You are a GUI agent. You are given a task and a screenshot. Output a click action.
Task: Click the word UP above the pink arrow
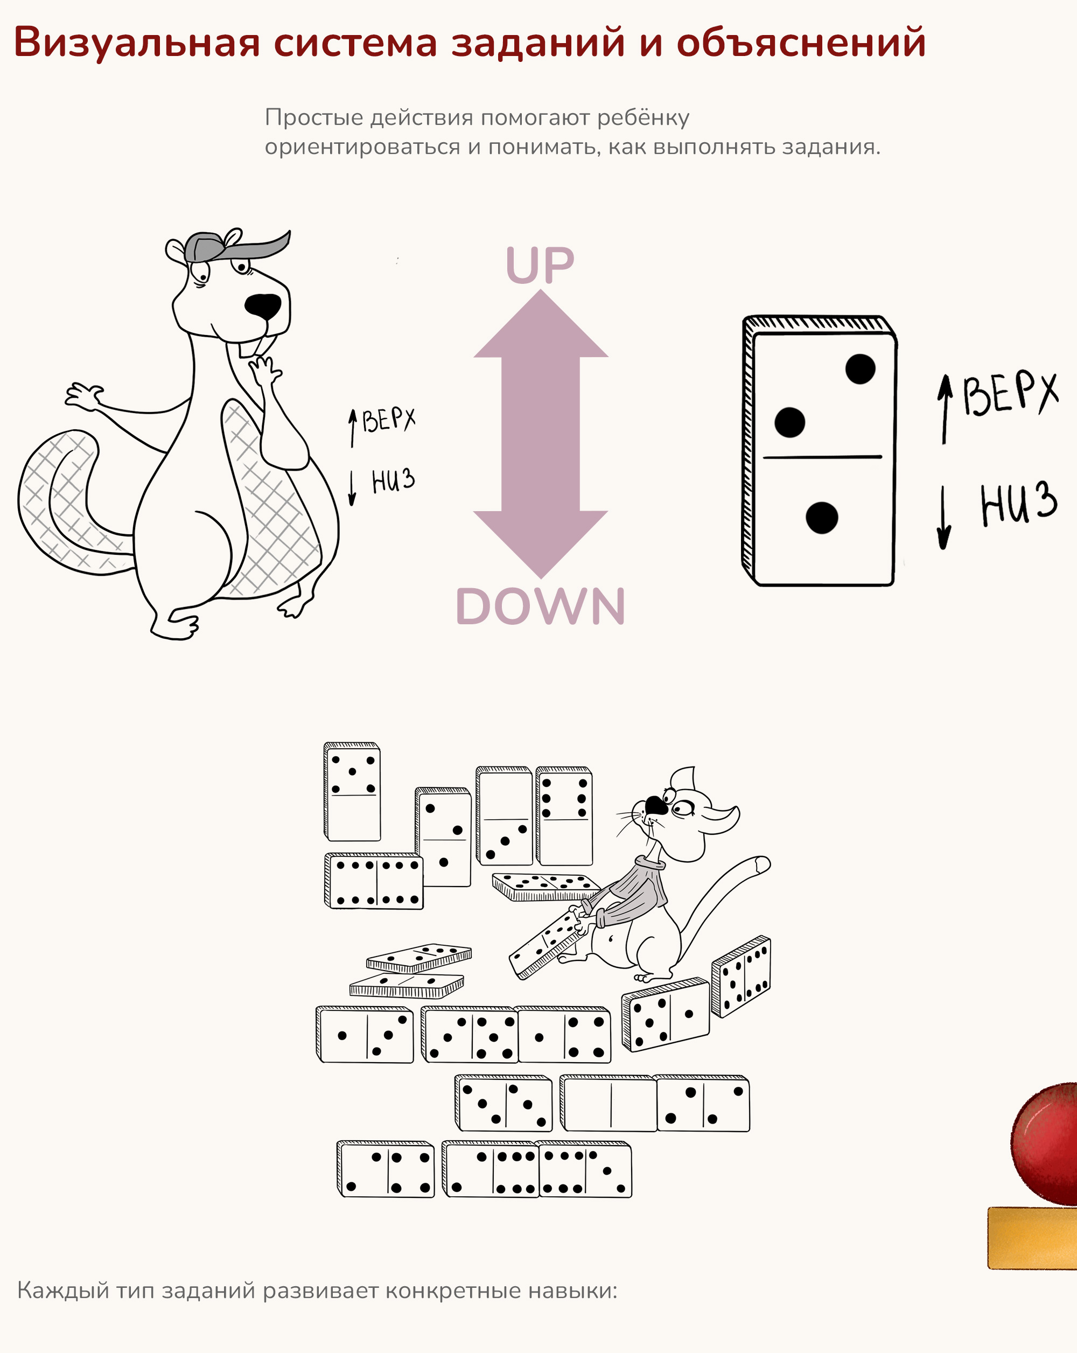click(x=540, y=265)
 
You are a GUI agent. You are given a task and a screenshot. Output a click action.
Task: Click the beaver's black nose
click(x=263, y=306)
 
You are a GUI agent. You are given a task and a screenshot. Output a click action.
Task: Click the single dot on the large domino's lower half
click(x=821, y=518)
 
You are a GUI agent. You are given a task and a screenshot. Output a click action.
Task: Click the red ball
click(x=1045, y=1143)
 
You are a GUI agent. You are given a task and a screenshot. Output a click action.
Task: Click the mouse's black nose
click(x=656, y=805)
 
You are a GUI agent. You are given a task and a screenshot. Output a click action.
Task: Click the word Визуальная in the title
click(x=137, y=43)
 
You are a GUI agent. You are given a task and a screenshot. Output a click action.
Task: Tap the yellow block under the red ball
click(x=1032, y=1238)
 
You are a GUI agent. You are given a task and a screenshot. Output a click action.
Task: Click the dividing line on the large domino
click(x=822, y=457)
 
